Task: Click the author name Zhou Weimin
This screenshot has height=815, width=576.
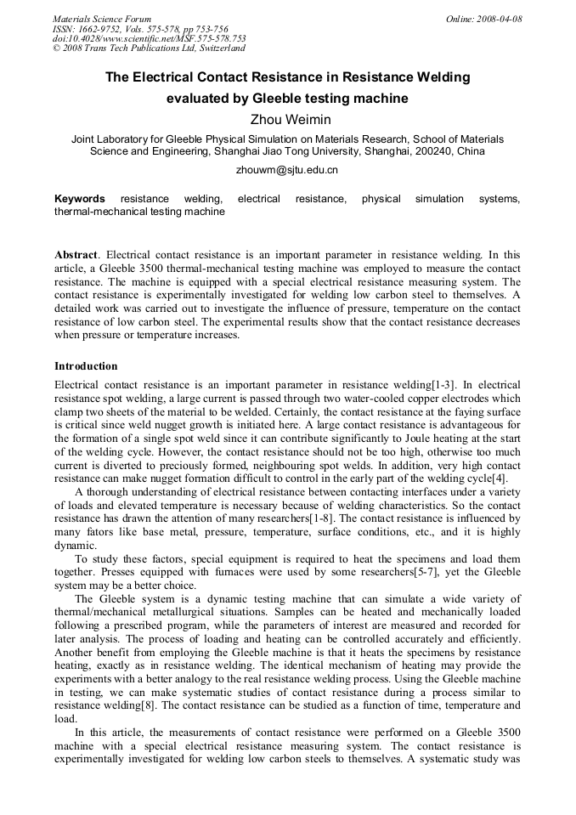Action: [287, 119]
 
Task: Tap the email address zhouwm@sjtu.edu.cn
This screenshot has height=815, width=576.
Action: [287, 170]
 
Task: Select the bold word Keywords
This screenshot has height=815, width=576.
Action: [80, 199]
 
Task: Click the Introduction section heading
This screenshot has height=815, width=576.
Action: [86, 366]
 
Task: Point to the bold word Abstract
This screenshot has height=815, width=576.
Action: [76, 254]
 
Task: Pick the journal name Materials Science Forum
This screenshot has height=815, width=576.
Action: [102, 19]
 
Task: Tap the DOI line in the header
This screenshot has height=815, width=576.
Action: [149, 38]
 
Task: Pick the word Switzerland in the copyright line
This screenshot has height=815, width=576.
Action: [211, 48]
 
